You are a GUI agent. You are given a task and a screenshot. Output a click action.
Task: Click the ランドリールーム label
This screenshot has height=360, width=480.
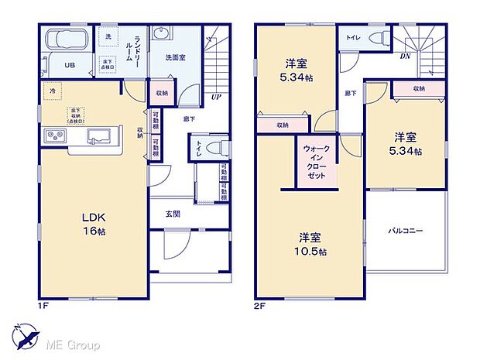pyautogui.click(x=137, y=51)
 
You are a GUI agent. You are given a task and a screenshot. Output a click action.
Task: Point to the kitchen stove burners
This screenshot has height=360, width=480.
pyautogui.click(x=56, y=136)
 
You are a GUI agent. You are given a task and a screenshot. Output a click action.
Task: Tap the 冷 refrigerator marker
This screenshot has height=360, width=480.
pyautogui.click(x=53, y=90)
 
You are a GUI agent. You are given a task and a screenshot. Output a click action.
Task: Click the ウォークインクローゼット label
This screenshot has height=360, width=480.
pyautogui.click(x=315, y=160)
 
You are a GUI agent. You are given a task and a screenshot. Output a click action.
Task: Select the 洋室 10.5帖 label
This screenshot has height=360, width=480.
pyautogui.click(x=314, y=245)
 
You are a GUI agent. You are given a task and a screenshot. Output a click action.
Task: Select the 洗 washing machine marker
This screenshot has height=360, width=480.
pyautogui.click(x=108, y=36)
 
